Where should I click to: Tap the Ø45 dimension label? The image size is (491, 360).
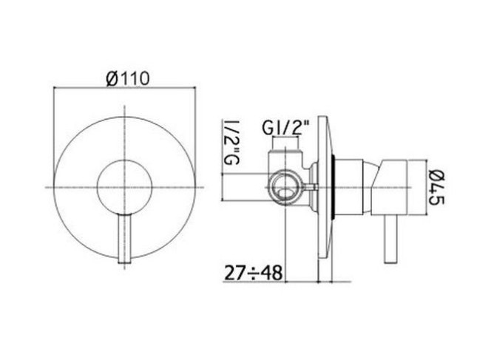click(x=436, y=187)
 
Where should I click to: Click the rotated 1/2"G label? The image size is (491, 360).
click(x=231, y=142)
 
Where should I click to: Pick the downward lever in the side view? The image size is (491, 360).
click(x=390, y=240)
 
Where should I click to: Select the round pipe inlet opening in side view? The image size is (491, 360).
click(x=285, y=188)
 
